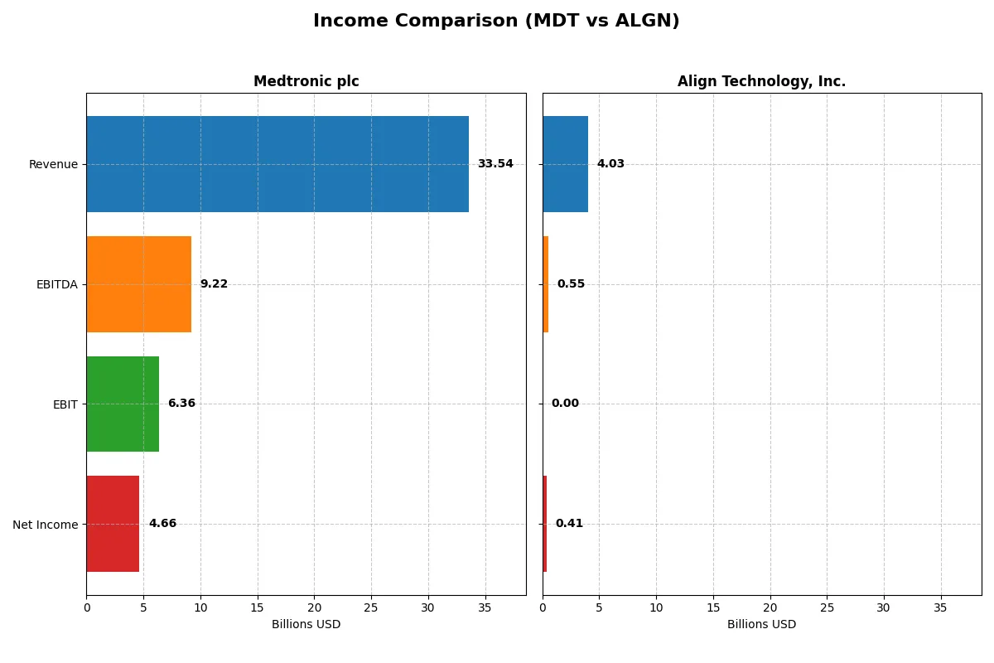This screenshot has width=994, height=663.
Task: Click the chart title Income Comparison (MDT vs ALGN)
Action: pos(496,22)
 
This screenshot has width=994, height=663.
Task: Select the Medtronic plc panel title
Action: pos(306,81)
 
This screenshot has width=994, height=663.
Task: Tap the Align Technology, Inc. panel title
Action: pos(761,81)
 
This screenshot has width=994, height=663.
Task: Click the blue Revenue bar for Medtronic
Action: pos(277,164)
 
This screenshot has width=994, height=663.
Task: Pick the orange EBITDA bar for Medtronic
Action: pos(139,284)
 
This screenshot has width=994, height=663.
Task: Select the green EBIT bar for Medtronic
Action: pos(123,404)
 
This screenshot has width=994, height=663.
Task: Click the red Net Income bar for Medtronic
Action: pos(113,524)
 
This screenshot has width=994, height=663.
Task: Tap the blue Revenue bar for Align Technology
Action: pos(565,164)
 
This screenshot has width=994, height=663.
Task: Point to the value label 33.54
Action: pos(495,164)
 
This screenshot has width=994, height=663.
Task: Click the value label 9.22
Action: pos(214,284)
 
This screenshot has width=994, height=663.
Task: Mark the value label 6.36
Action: pos(181,404)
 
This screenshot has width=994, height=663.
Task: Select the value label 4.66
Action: pos(162,524)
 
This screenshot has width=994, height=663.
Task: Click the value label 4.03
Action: pos(610,164)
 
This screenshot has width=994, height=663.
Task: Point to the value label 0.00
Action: pos(565,404)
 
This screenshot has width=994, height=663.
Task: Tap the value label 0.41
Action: pos(569,524)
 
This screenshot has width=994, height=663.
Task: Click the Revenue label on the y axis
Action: pos(53,164)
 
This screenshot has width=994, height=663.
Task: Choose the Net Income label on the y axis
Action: pos(45,524)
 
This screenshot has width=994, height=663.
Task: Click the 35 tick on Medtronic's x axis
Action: pos(485,607)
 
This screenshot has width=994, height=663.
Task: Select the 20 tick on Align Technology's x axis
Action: pos(770,607)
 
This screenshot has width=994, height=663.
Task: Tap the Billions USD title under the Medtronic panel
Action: pos(306,625)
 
